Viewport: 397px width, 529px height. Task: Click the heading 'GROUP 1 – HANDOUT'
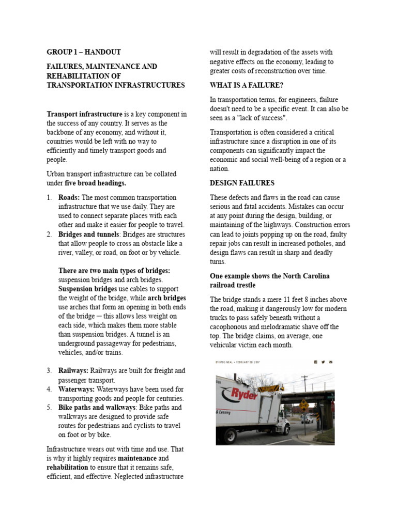click(84, 52)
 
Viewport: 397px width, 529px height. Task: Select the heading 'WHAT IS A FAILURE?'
click(247, 85)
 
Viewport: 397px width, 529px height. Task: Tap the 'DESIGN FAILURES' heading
click(242, 183)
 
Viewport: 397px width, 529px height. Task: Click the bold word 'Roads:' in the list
click(69, 197)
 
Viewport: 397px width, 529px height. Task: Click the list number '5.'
click(50, 408)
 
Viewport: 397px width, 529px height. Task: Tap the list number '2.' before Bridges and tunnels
click(50, 235)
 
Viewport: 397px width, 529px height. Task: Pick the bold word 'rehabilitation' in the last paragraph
click(67, 468)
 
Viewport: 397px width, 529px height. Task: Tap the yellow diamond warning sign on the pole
click(304, 405)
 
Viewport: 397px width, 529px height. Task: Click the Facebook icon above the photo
click(315, 362)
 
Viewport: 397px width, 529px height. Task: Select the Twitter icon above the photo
click(323, 362)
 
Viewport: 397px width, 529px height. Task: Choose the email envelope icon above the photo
click(331, 362)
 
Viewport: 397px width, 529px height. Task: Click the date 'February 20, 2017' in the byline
click(249, 362)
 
